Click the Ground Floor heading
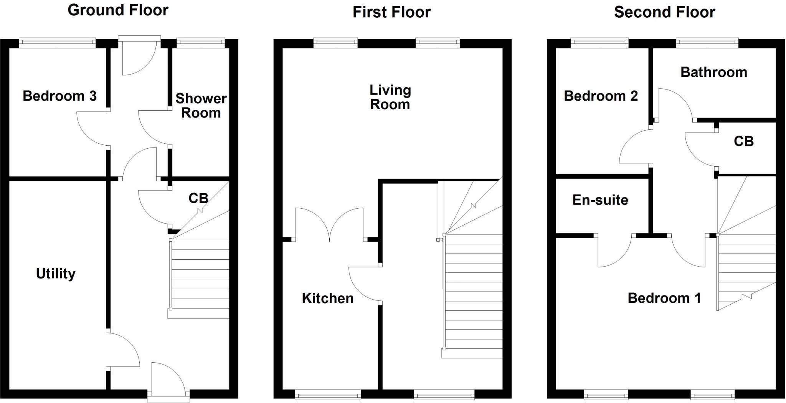coord(118,10)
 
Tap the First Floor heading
coord(391,12)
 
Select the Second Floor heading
coord(664,12)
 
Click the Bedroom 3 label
coord(59,96)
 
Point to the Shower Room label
coord(201,106)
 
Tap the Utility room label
coord(56,274)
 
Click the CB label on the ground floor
coord(198,198)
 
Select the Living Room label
coord(390,97)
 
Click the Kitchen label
coord(327,299)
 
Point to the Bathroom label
coord(713,72)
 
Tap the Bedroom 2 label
coord(601,96)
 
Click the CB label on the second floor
coord(743,141)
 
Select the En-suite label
coord(600,200)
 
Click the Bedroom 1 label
coord(664,298)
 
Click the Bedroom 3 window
coord(57,43)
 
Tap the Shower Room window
coord(201,43)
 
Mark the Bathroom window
coord(707,43)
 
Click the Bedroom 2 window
coord(599,43)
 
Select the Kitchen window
coord(328,394)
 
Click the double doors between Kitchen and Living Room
coord(329,225)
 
